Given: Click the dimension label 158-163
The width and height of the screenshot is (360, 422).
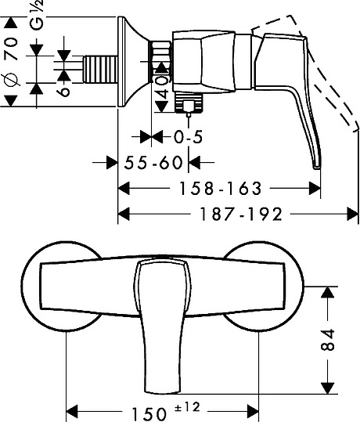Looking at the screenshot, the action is tap(220, 188).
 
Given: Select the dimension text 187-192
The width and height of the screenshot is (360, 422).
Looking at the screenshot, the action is tap(241, 215).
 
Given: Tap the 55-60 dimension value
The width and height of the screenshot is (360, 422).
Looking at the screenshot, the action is tap(153, 163).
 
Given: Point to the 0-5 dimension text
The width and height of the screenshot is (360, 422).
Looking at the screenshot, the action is tap(188, 137).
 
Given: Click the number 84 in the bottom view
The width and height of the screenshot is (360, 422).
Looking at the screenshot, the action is tap(328, 339).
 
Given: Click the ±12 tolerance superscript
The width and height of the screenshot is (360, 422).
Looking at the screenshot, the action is tap(188, 407).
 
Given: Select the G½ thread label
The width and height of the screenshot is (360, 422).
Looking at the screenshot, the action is tap(36, 15).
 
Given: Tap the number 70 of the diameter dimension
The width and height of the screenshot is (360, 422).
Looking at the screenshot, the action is tap(12, 49).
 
